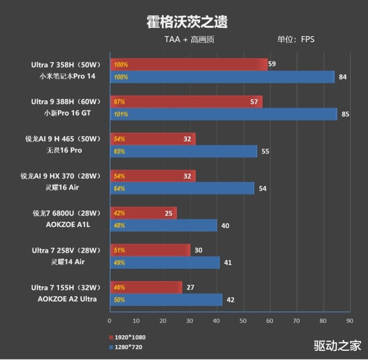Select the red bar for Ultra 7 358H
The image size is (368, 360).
pos(188,65)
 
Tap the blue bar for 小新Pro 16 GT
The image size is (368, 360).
pos(223,114)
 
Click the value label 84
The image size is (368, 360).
pos(343,77)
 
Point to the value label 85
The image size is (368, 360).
pos(345,114)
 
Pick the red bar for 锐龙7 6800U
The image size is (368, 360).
pos(143,213)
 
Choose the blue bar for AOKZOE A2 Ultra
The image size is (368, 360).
pos(166,300)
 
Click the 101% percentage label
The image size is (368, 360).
pos(121,114)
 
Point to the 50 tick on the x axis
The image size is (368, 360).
pos(243,321)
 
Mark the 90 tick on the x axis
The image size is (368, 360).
pos(349,321)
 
